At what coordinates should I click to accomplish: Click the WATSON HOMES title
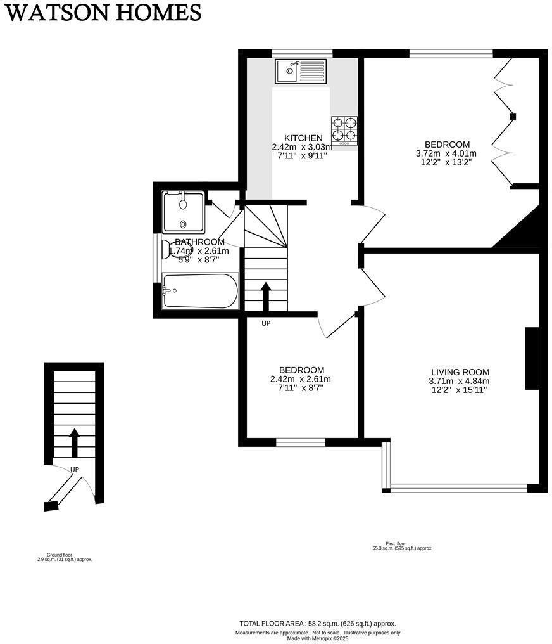click(x=103, y=12)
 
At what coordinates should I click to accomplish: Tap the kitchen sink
click(x=300, y=70)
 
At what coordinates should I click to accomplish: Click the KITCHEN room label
click(x=303, y=138)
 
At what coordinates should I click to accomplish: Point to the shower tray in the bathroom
click(x=183, y=212)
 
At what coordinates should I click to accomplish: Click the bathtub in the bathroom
click(x=200, y=291)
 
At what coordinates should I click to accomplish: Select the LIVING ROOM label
click(x=460, y=372)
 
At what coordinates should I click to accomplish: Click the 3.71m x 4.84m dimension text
click(x=460, y=381)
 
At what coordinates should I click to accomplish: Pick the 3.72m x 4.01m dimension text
click(x=446, y=153)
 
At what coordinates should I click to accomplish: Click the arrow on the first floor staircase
click(x=266, y=295)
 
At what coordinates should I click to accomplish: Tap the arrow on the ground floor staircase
click(x=73, y=442)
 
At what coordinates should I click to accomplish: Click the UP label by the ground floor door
click(x=75, y=470)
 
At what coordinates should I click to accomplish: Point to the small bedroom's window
click(x=301, y=442)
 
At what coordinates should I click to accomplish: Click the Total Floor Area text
click(x=317, y=624)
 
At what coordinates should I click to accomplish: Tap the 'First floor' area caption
click(x=402, y=545)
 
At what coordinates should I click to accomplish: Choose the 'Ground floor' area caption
click(x=64, y=557)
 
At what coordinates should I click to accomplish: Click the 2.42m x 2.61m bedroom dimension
click(x=300, y=379)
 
